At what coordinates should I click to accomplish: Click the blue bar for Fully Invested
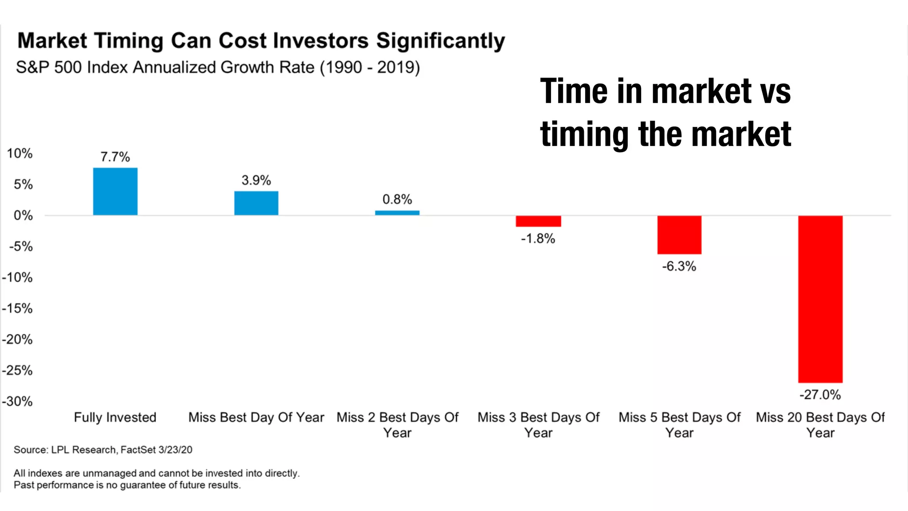pyautogui.click(x=115, y=192)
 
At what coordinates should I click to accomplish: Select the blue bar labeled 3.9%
pyautogui.click(x=256, y=203)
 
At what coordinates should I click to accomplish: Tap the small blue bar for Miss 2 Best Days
pyautogui.click(x=397, y=213)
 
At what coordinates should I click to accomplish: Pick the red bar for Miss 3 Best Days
pyautogui.click(x=538, y=221)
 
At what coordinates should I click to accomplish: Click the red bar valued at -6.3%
pyautogui.click(x=679, y=235)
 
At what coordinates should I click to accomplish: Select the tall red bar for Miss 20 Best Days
pyautogui.click(x=820, y=299)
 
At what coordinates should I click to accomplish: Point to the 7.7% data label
pyautogui.click(x=115, y=157)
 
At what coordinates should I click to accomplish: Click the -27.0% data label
pyautogui.click(x=820, y=394)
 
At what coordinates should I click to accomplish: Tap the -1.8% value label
pyautogui.click(x=538, y=239)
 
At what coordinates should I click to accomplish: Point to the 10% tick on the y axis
pyautogui.click(x=20, y=153)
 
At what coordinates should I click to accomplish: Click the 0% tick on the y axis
pyautogui.click(x=23, y=216)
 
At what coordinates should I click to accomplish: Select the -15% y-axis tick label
pyautogui.click(x=18, y=308)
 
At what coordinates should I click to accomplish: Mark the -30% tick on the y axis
pyautogui.click(x=18, y=401)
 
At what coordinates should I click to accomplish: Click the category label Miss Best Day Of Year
pyautogui.click(x=256, y=417)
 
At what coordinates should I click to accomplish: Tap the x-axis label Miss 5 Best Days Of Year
pyautogui.click(x=679, y=425)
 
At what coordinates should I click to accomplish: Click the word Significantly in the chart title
pyautogui.click(x=440, y=41)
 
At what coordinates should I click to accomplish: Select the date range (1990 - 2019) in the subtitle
pyautogui.click(x=370, y=67)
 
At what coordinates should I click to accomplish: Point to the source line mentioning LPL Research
pyautogui.click(x=103, y=450)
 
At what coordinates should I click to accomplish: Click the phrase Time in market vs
pyautogui.click(x=665, y=91)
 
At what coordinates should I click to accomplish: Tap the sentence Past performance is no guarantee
pyautogui.click(x=127, y=485)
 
